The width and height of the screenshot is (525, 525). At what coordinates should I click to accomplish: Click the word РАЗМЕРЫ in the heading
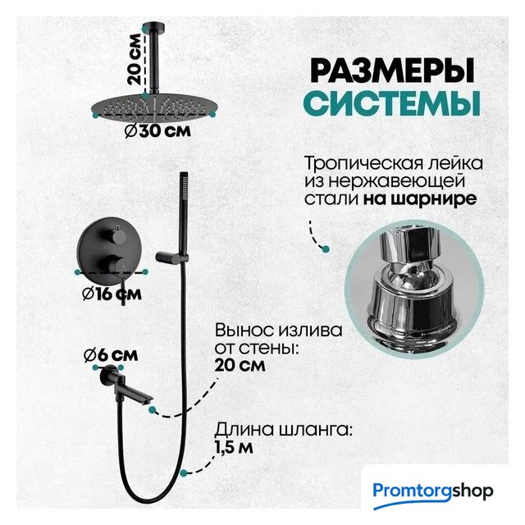(x=392, y=71)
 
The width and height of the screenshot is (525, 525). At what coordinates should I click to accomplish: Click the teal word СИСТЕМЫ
(x=394, y=103)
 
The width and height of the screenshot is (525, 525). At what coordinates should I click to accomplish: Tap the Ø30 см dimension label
(x=157, y=131)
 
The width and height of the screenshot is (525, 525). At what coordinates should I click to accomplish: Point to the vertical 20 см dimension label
(x=135, y=59)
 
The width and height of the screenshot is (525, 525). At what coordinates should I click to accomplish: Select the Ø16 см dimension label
(x=112, y=294)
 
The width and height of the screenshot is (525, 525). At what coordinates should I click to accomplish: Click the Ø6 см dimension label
(x=111, y=355)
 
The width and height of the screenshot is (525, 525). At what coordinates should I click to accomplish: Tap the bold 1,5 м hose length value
(x=234, y=448)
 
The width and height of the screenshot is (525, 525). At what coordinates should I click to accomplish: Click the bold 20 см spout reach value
(x=240, y=365)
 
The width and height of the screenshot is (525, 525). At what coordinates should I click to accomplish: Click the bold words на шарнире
(x=420, y=199)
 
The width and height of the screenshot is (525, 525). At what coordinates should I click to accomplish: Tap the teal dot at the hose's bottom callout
(x=183, y=472)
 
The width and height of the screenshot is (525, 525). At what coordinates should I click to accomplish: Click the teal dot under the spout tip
(x=153, y=409)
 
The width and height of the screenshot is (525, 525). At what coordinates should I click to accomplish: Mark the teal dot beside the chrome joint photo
(x=326, y=249)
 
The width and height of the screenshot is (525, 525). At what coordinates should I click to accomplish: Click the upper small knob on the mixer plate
(x=118, y=235)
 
